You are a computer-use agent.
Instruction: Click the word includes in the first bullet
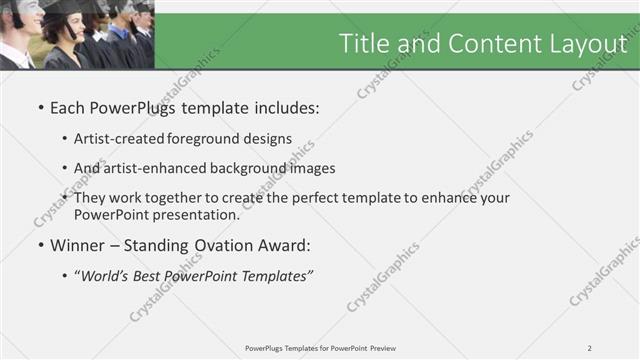coord(283,108)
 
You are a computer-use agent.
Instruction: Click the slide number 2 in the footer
coord(589,348)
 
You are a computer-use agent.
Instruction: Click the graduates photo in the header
coord(76,35)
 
